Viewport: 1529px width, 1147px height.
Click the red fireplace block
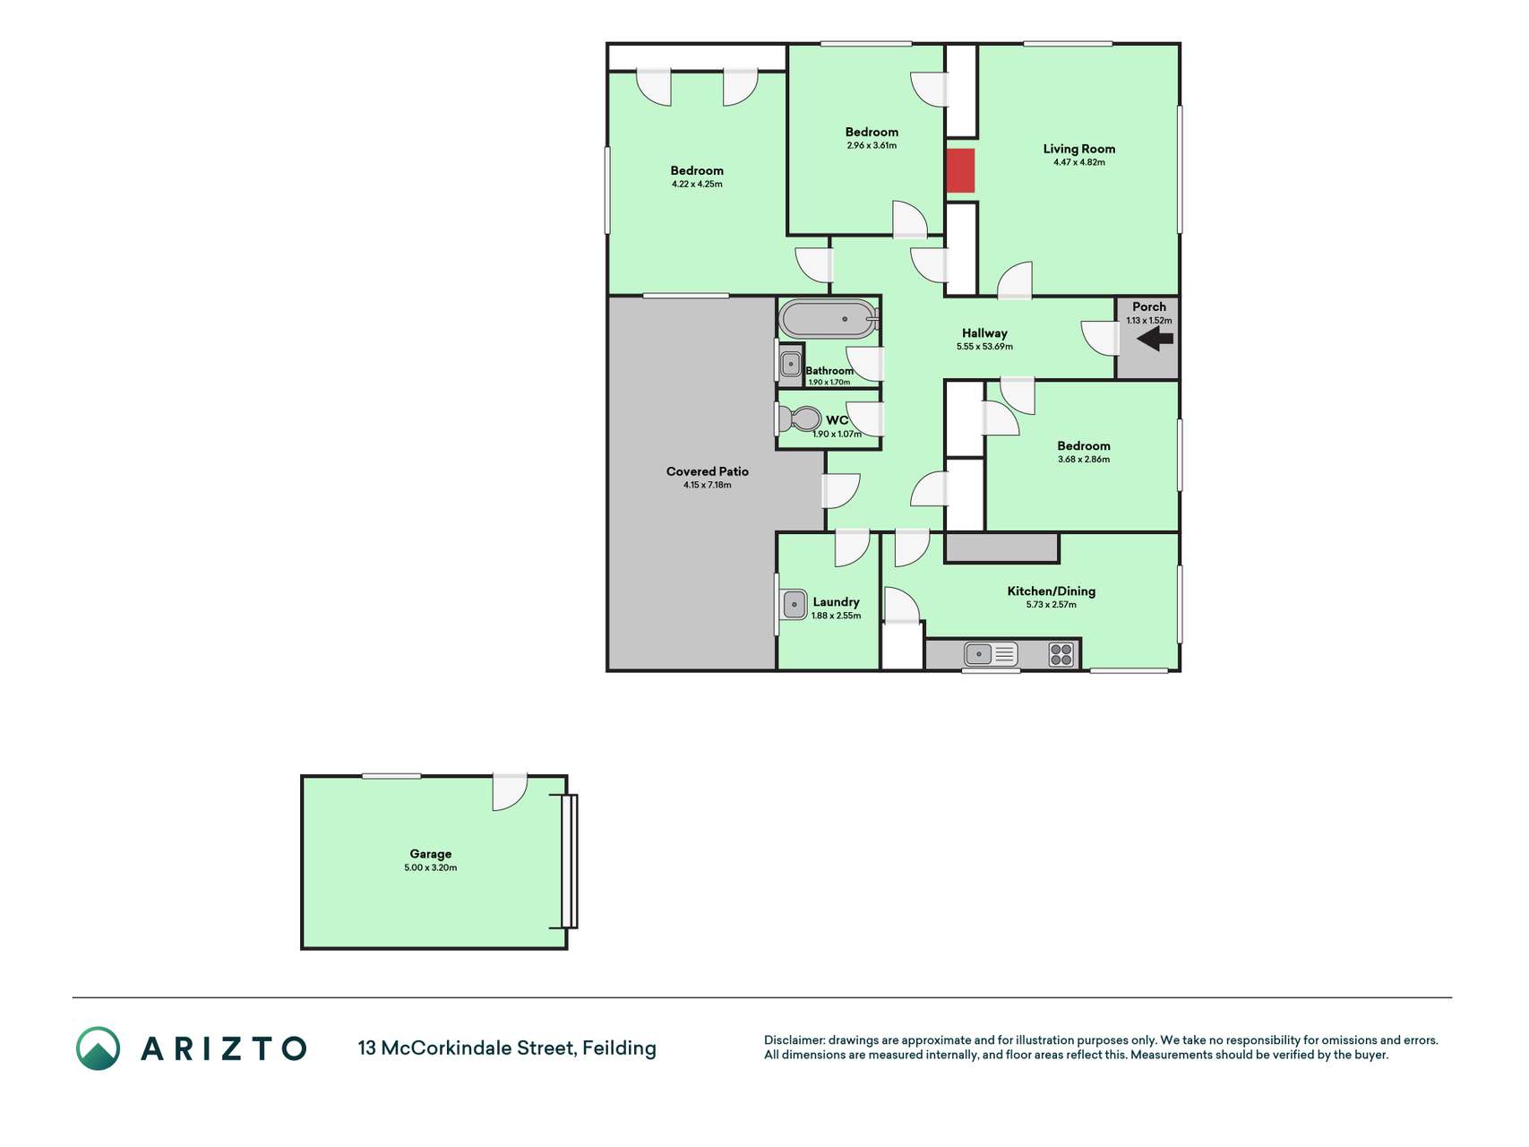(x=960, y=170)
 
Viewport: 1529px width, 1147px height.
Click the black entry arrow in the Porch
(x=1155, y=339)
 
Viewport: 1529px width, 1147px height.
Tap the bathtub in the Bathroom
(x=828, y=318)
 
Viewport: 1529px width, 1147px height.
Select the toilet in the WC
(x=799, y=418)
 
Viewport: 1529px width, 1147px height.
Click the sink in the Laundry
(x=795, y=604)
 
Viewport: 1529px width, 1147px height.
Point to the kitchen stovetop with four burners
(x=1061, y=654)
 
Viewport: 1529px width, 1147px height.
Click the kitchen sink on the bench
(x=990, y=654)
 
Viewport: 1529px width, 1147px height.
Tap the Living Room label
(x=1079, y=149)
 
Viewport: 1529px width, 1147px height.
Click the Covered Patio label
(x=708, y=471)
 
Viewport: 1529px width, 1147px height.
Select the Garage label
(x=431, y=854)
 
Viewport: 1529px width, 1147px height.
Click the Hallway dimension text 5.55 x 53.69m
(x=984, y=347)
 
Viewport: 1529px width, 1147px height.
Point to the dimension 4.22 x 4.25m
(x=697, y=185)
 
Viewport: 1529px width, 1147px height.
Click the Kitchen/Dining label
(x=1052, y=591)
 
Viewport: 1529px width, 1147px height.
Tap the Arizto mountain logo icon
(x=98, y=1048)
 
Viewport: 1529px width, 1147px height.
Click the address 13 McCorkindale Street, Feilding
(x=507, y=1048)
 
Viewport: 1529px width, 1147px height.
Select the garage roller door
(x=569, y=861)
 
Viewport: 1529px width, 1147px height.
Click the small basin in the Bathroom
(x=791, y=364)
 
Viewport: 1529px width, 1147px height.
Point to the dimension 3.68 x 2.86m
(x=1084, y=460)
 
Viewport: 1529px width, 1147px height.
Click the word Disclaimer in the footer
(x=794, y=1040)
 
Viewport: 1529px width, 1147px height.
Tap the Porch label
(x=1149, y=306)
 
